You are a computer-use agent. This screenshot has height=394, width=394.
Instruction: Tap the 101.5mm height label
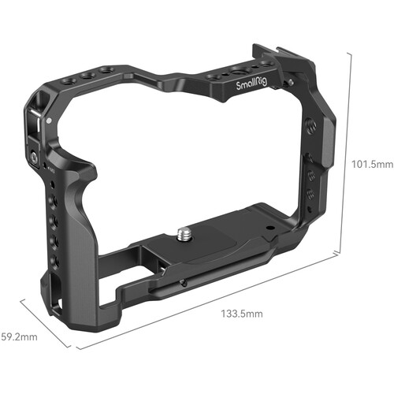pos(370,164)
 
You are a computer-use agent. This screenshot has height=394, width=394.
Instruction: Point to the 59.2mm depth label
pos(17,337)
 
